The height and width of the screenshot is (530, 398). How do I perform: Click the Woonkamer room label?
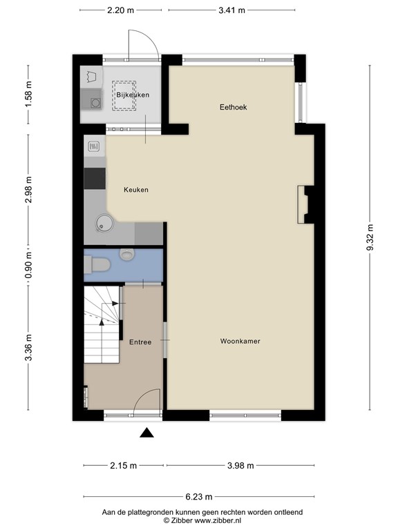coord(240,342)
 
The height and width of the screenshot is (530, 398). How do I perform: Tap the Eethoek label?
coord(234,107)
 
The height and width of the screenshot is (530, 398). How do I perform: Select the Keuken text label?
coord(136,190)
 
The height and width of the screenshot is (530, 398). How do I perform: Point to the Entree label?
coord(140,342)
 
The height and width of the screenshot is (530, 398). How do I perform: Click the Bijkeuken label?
coord(133,95)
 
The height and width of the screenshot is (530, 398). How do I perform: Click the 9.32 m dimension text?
coord(370,237)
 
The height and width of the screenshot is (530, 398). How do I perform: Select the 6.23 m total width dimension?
coord(199,496)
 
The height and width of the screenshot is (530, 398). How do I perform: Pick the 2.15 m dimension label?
coord(124,465)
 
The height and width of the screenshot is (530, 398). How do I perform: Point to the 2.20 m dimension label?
coord(120,10)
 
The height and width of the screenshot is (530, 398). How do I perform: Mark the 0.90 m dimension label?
coord(28,266)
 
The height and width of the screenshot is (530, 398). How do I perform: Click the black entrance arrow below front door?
coord(146,433)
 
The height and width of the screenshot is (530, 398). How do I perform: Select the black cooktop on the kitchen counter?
coord(95,178)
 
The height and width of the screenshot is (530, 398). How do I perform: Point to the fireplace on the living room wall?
coord(305,205)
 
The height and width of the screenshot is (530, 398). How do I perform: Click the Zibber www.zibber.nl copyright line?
coord(199,521)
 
